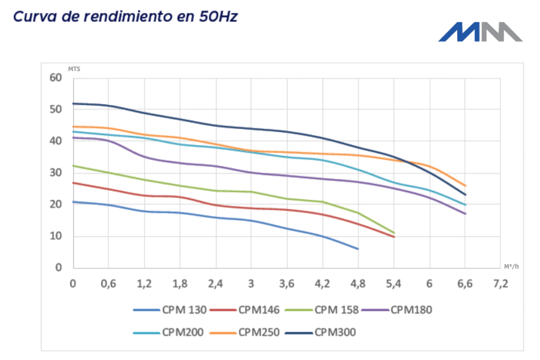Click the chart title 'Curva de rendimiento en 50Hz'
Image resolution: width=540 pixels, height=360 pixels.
(125, 16)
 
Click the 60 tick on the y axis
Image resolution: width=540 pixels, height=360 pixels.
(56, 78)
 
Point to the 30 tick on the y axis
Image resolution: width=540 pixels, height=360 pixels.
(56, 173)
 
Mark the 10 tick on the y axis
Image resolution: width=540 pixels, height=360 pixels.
(56, 236)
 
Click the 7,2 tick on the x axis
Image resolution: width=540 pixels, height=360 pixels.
(500, 284)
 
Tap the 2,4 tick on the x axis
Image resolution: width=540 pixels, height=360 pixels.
(215, 284)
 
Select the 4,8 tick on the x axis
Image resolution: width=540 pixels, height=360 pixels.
(358, 284)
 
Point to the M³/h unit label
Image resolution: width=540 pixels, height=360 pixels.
(511, 267)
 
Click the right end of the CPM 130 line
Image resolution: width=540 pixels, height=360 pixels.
(358, 249)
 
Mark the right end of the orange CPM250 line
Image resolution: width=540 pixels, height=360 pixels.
(465, 186)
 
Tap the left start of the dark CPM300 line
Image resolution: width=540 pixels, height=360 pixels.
(74, 103)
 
